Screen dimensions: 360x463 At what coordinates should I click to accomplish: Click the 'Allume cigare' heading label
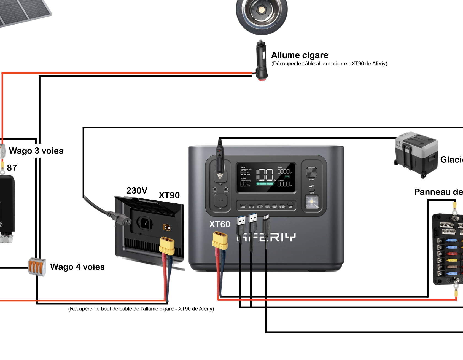tap(300, 55)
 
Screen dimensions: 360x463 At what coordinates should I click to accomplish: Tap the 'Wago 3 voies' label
tap(36, 151)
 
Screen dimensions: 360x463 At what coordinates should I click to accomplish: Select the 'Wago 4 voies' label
tap(77, 267)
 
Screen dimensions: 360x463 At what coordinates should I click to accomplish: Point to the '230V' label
tap(137, 190)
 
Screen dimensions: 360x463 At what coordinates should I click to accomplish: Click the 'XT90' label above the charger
tap(169, 195)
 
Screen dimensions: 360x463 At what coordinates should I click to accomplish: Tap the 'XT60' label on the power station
tap(220, 224)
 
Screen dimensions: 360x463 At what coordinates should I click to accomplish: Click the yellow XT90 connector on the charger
tap(167, 245)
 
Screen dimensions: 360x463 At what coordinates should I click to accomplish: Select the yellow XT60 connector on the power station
tap(220, 240)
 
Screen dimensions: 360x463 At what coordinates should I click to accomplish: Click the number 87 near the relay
tap(12, 168)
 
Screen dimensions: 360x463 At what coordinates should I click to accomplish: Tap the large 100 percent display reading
tap(265, 174)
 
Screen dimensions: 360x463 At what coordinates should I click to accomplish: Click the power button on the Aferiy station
tap(311, 172)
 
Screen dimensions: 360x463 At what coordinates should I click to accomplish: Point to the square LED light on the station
tap(312, 202)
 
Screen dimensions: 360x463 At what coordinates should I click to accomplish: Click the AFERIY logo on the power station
tap(266, 237)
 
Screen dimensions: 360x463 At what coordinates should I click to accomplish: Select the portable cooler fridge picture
tap(416, 154)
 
